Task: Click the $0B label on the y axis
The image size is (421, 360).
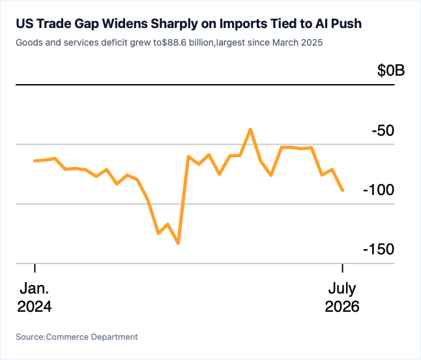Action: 391,70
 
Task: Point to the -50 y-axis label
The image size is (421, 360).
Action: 383,131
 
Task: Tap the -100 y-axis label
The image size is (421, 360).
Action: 379,190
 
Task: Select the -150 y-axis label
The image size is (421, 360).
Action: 379,249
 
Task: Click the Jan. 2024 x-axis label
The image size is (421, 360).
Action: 35,297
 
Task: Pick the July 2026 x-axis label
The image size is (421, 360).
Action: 342,297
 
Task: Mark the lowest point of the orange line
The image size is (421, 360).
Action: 179,243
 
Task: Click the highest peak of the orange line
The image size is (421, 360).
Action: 250,130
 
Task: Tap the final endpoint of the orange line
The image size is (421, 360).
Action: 342,190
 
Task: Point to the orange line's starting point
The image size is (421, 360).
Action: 35,161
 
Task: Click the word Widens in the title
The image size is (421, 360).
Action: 125,23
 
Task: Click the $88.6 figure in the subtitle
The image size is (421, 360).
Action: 174,42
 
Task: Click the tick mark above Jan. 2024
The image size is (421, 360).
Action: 35,268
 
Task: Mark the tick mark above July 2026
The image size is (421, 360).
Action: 342,268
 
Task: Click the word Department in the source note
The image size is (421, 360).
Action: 115,337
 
